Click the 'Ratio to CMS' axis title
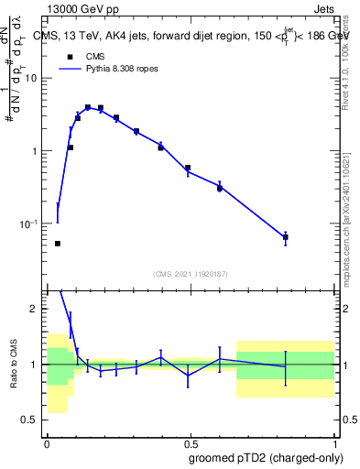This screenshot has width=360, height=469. pos(15,365)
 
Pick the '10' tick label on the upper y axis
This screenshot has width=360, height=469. pos(33,78)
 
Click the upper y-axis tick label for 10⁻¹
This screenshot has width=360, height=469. pos(30,224)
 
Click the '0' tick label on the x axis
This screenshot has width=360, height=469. pos(47,442)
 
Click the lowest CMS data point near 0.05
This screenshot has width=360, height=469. pos(58,244)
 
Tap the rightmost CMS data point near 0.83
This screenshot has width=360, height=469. pos(286,237)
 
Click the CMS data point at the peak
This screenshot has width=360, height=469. pos(88,107)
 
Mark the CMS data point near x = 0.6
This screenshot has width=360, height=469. pos(220,188)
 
